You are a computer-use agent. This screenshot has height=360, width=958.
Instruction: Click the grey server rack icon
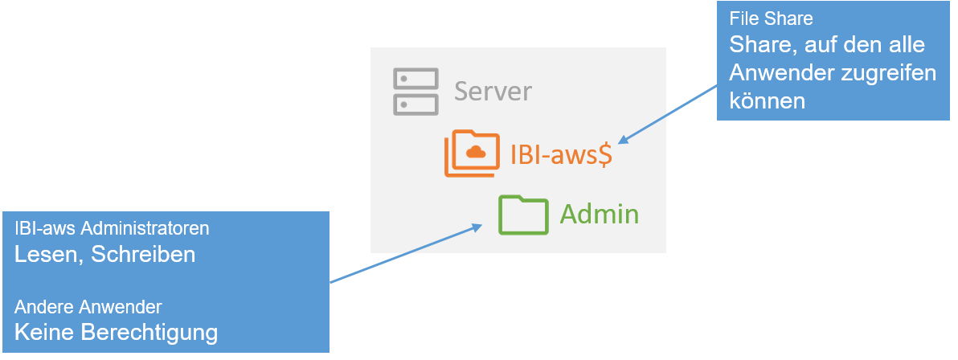pos(416,92)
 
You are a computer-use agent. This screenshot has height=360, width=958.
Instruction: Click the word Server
pos(493,92)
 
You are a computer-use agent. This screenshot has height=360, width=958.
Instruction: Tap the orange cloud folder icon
pos(472,153)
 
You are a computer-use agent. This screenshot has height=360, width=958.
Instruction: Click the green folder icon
pos(522,215)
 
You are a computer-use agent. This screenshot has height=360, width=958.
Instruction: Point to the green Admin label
pos(599,215)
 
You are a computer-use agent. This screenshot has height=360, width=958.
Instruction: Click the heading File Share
pos(760,18)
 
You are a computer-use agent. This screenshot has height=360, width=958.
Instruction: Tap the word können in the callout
pos(767,100)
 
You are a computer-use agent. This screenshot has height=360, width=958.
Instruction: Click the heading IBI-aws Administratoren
pos(112,229)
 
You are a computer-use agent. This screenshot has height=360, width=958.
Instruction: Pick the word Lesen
pos(49,255)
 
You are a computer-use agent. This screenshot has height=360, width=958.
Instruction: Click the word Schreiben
pos(143,255)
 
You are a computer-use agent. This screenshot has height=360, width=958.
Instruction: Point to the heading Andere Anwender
pos(88,307)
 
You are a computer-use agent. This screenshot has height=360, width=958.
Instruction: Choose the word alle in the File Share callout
pos(906,44)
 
